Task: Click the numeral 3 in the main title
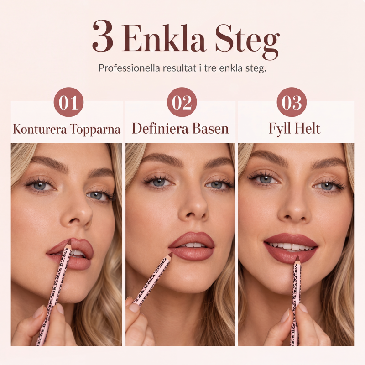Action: pyautogui.click(x=103, y=36)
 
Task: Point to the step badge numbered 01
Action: pyautogui.click(x=68, y=102)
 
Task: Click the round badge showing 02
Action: pyautogui.click(x=182, y=102)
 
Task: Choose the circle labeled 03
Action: pyautogui.click(x=292, y=102)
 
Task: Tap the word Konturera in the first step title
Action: pyautogui.click(x=40, y=129)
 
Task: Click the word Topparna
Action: pyautogui.click(x=95, y=130)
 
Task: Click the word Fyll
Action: pyautogui.click(x=280, y=129)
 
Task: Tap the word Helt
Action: pyautogui.click(x=307, y=128)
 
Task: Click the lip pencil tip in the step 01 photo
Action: pyautogui.click(x=69, y=241)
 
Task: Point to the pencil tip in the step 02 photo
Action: pyautogui.click(x=171, y=254)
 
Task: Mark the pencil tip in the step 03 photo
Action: pyautogui.click(x=297, y=258)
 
